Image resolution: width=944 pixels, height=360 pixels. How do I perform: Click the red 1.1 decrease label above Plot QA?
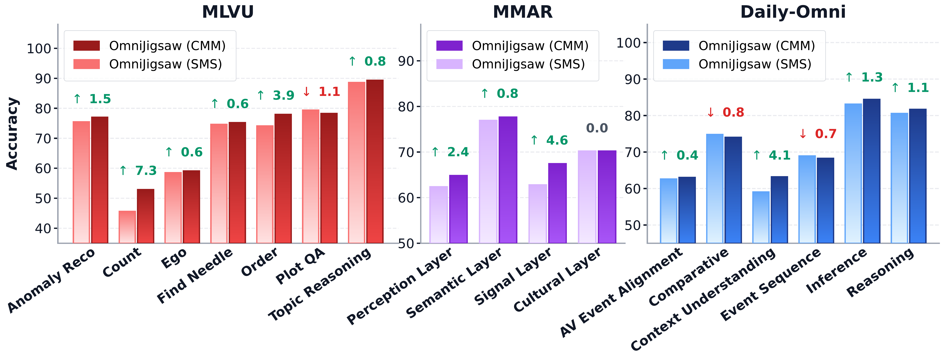[322, 92]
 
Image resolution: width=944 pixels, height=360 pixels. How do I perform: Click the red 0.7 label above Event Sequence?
[818, 134]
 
